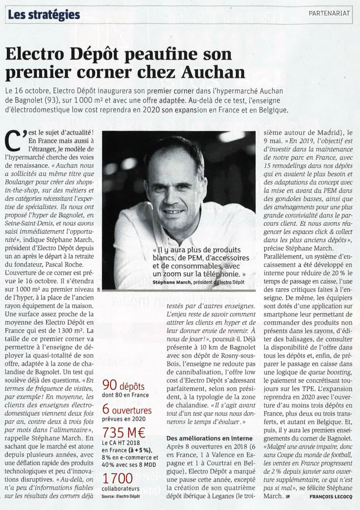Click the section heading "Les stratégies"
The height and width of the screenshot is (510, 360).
tap(44, 14)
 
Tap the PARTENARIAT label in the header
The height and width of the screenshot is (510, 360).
tap(329, 13)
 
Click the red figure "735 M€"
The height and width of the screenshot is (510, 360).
tap(124, 432)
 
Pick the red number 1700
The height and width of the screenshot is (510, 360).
tap(118, 478)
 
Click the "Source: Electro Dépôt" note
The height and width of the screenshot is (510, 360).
tap(120, 496)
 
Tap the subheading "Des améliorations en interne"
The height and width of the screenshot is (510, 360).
tap(209, 438)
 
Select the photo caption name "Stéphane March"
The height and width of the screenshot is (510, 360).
tap(172, 282)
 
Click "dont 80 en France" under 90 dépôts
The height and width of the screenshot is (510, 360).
tap(125, 395)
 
